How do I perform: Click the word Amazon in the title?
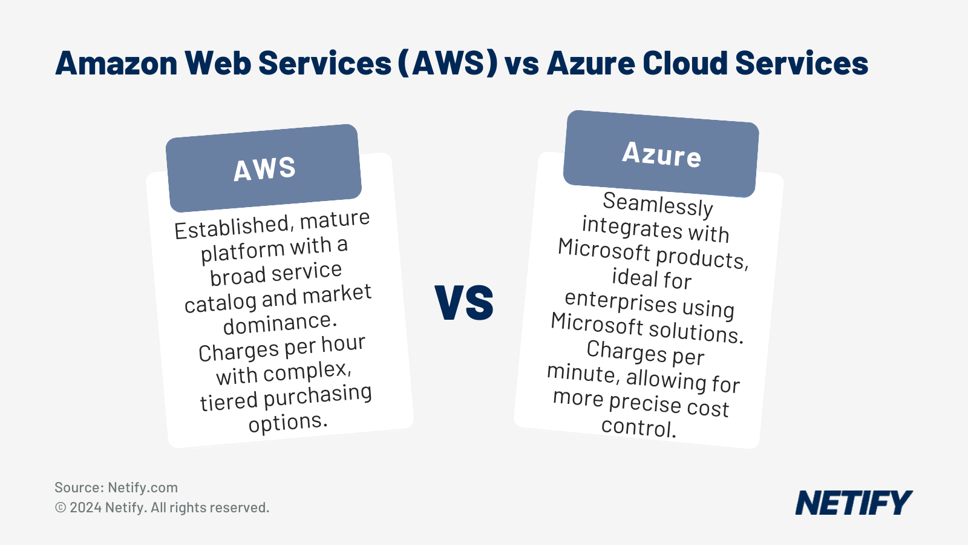click(116, 63)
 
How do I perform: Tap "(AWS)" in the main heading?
click(448, 63)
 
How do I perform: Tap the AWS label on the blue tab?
click(264, 169)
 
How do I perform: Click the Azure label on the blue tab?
click(661, 154)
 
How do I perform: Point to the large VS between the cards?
click(464, 302)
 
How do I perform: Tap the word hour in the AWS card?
click(342, 344)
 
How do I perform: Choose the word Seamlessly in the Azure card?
click(658, 204)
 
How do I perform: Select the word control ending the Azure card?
click(638, 427)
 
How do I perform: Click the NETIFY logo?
click(853, 503)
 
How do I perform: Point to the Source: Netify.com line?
click(116, 487)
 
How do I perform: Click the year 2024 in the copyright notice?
click(85, 507)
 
